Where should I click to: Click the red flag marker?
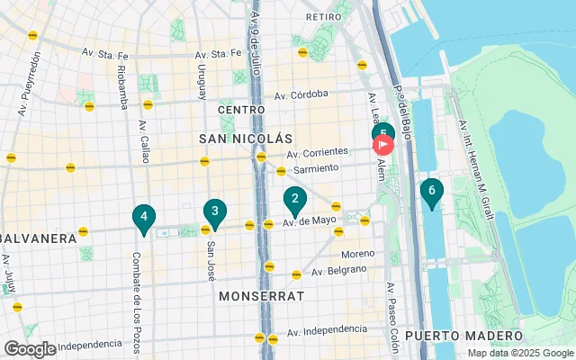point(382,144)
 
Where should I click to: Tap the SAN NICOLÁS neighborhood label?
point(246,139)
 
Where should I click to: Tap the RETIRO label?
point(322,17)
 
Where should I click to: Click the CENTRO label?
point(240,110)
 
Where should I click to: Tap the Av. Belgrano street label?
point(341,270)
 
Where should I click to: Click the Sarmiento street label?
point(313,168)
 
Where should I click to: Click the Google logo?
point(30,348)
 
